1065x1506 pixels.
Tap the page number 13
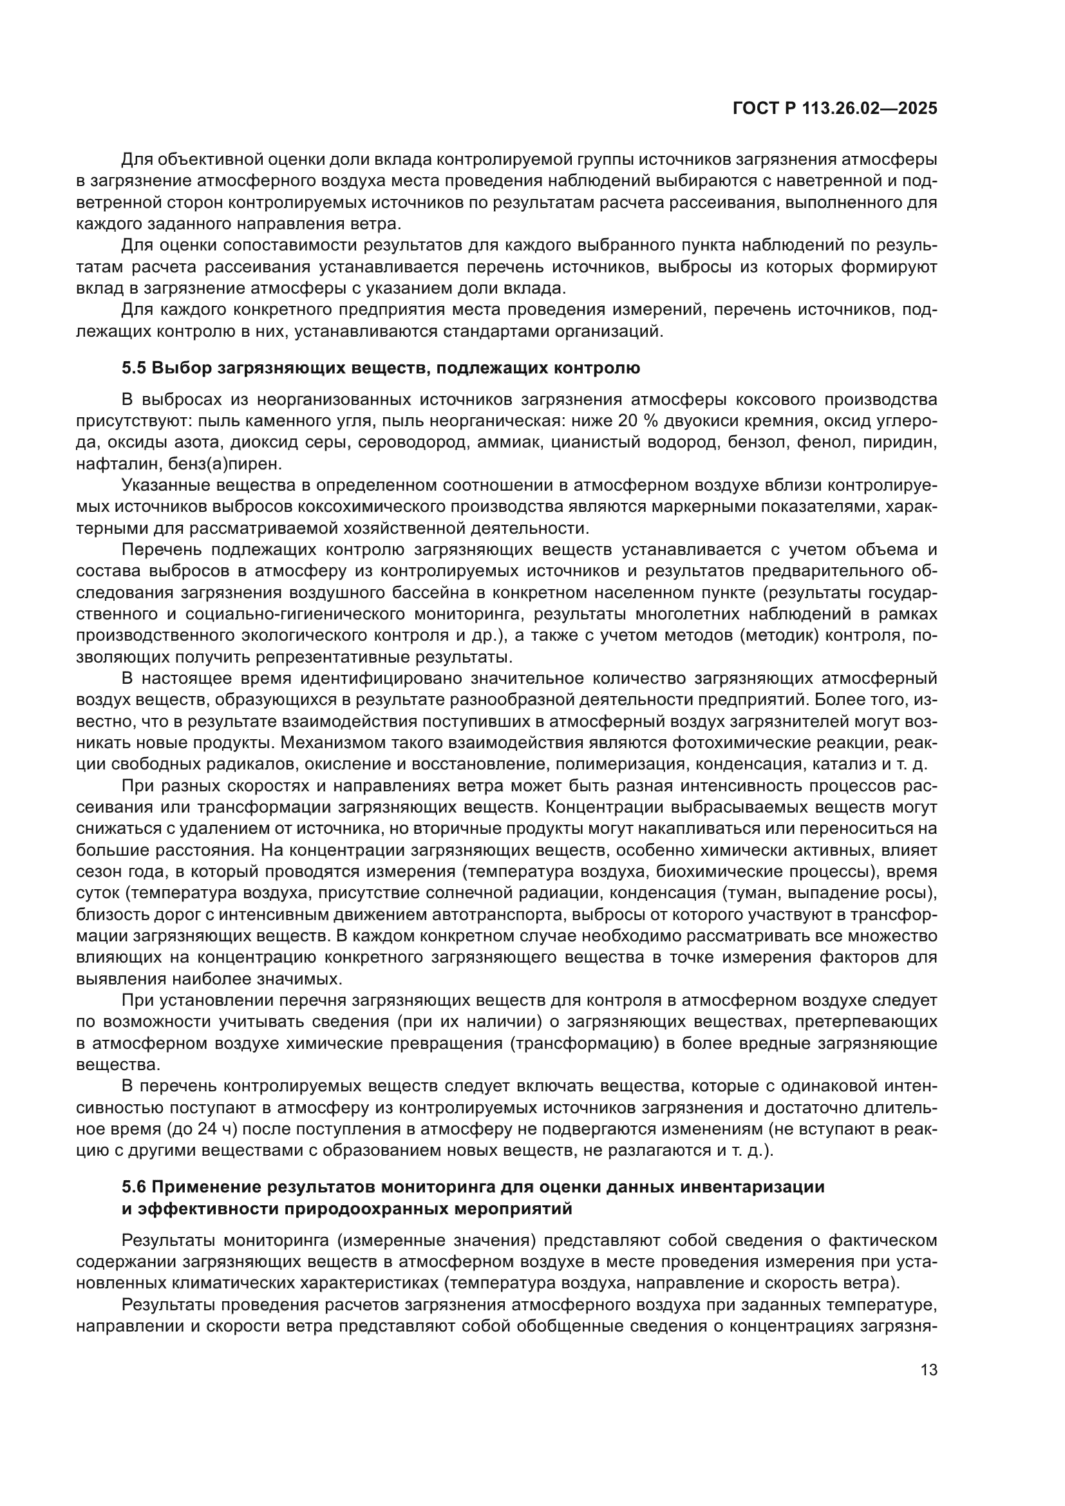(928, 1370)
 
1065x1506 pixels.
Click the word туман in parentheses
(795, 894)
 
